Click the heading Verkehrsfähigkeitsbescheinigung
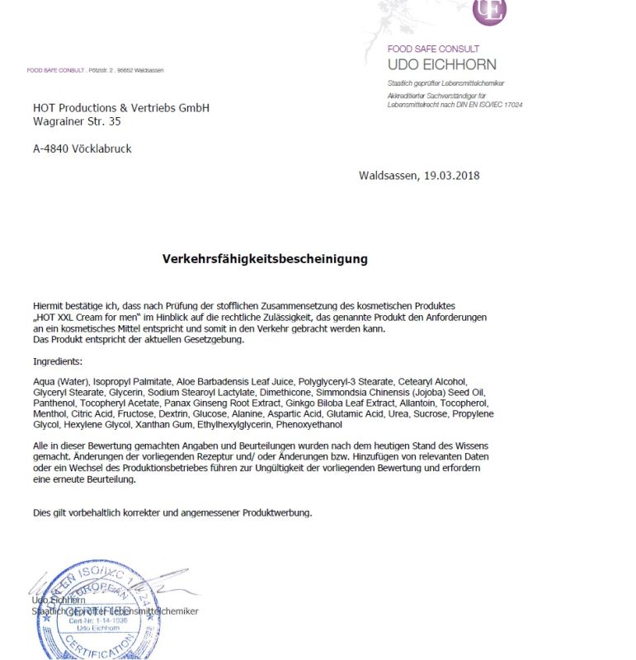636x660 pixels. point(265,259)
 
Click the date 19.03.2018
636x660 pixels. point(452,175)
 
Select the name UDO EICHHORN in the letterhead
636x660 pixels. point(442,64)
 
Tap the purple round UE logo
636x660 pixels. point(489,10)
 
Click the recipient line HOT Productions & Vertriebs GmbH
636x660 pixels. point(121,108)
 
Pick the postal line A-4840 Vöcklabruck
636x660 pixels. point(82,148)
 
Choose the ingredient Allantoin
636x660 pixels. point(417,403)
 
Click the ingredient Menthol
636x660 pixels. point(49,414)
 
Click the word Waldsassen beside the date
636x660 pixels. point(388,175)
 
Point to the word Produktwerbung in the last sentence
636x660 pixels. point(276,512)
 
